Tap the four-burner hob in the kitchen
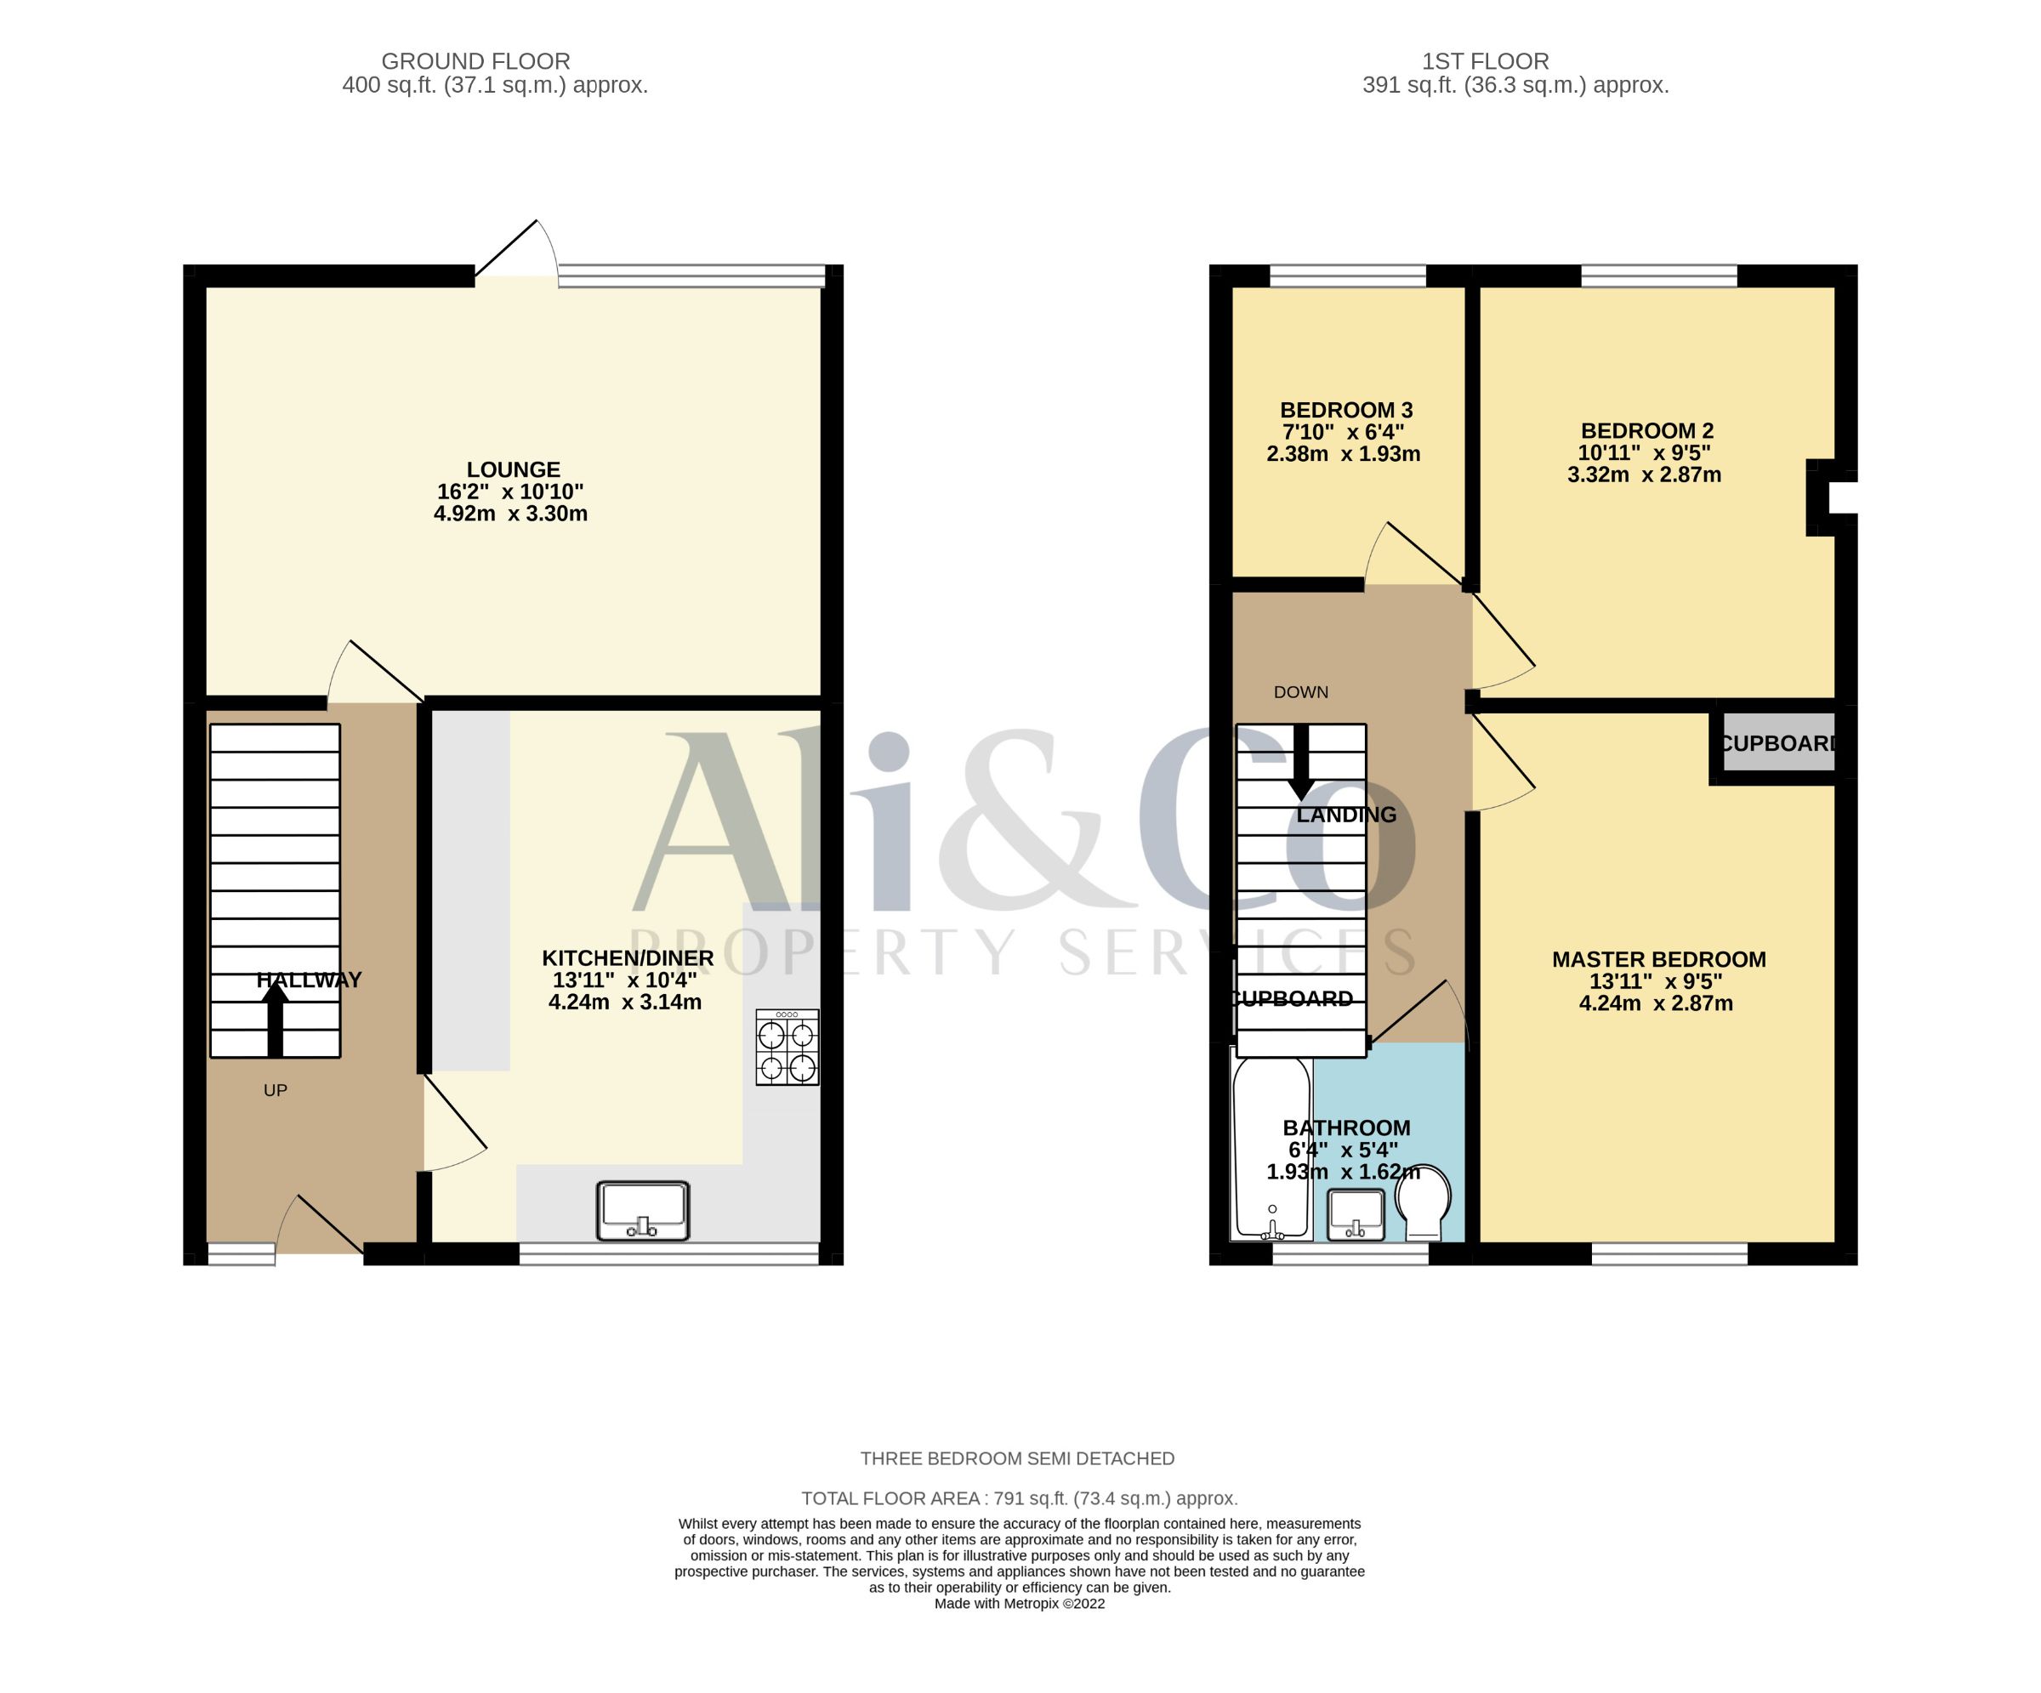pyautogui.click(x=787, y=1047)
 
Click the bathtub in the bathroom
pyautogui.click(x=1272, y=1149)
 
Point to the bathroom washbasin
pyautogui.click(x=1356, y=1215)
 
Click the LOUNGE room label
pyautogui.click(x=513, y=469)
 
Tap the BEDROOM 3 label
pyautogui.click(x=1346, y=410)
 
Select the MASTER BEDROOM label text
pyautogui.click(x=1659, y=959)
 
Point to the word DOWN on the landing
pyautogui.click(x=1301, y=692)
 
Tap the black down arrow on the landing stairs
pyautogui.click(x=1300, y=762)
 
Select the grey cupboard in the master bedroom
pyautogui.click(x=1777, y=743)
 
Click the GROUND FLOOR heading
pyautogui.click(x=475, y=61)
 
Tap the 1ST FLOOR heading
pyautogui.click(x=1485, y=61)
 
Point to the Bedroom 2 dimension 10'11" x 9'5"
pyautogui.click(x=1645, y=453)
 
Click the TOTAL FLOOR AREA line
pyautogui.click(x=1020, y=1498)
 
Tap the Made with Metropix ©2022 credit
pyautogui.click(x=1020, y=1604)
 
